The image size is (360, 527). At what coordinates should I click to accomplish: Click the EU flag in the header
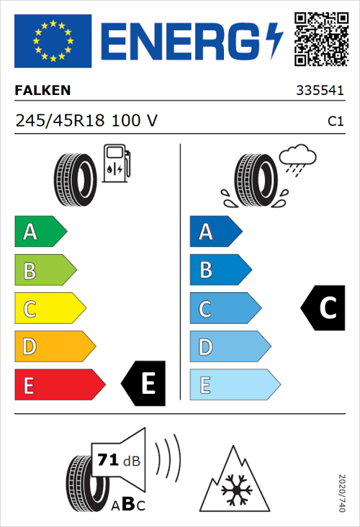tap(53, 40)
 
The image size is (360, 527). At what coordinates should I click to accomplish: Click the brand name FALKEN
tap(44, 91)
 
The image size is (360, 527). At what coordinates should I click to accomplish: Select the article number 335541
tap(320, 91)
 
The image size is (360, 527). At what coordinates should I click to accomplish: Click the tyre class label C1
tap(335, 122)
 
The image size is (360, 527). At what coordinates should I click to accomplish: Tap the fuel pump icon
tap(116, 163)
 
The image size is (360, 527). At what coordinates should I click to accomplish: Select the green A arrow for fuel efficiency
tap(40, 232)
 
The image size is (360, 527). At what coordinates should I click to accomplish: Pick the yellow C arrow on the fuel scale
tap(49, 309)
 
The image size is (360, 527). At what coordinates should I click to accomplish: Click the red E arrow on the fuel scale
tap(59, 385)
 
